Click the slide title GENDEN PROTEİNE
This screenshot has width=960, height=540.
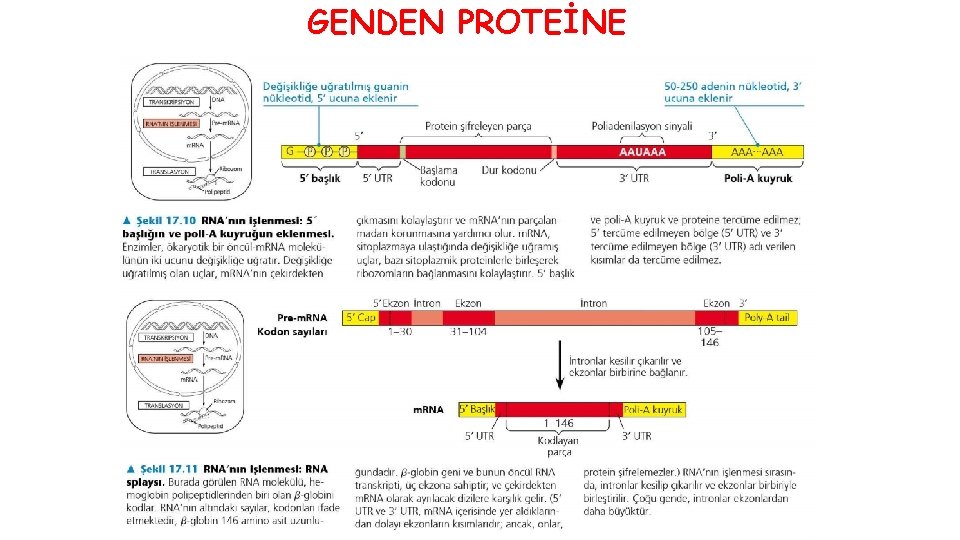click(x=466, y=21)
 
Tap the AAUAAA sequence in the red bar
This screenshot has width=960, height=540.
click(x=642, y=153)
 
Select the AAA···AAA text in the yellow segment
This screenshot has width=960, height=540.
click(x=757, y=153)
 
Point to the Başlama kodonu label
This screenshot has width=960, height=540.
click(x=438, y=176)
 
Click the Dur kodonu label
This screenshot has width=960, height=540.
click(x=504, y=171)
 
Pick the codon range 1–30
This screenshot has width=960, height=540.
click(x=399, y=331)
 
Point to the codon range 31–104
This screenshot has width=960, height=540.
click(x=467, y=331)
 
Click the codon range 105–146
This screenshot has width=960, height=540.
click(x=710, y=337)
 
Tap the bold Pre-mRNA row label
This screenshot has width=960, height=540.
click(x=304, y=317)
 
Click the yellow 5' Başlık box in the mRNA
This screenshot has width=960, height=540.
click(x=477, y=409)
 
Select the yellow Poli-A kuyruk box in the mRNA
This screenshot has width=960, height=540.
click(x=653, y=409)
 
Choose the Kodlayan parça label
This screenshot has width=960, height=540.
click(x=558, y=445)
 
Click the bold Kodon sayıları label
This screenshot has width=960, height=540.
click(x=292, y=331)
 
